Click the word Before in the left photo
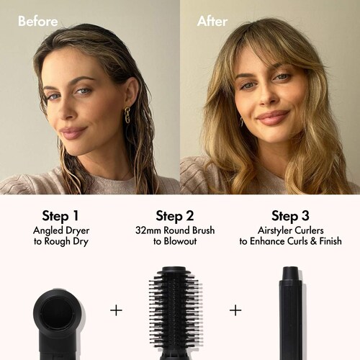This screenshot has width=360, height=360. point(38,21)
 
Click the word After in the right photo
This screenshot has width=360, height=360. point(212,21)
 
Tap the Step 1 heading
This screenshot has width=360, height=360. point(60,216)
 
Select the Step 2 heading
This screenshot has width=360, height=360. point(175,216)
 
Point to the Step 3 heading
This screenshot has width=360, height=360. point(290,216)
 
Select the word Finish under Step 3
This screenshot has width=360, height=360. point(330,241)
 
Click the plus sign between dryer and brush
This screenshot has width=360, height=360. point(116,310)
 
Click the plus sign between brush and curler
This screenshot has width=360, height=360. point(235,310)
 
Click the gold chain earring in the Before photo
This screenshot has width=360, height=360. point(127,115)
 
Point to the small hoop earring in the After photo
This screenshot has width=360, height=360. point(242,122)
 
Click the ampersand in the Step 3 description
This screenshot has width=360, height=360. point(313,241)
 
